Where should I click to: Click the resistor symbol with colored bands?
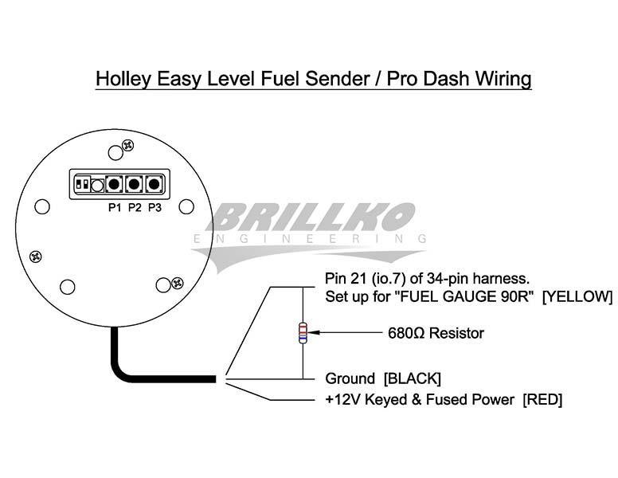pos(303,333)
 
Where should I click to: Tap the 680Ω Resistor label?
pos(436,333)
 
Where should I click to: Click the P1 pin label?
pos(115,209)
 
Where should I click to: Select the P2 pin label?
pos(135,209)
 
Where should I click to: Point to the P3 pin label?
pos(154,209)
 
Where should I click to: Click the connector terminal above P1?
pos(115,185)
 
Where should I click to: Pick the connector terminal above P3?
pos(154,185)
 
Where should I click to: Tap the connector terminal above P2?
pos(135,185)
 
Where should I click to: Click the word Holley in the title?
pos(120,80)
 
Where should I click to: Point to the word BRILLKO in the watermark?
pos(314,217)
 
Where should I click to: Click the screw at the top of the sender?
pos(126,147)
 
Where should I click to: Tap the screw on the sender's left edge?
pos(36,256)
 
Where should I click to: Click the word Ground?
pos(350,378)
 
